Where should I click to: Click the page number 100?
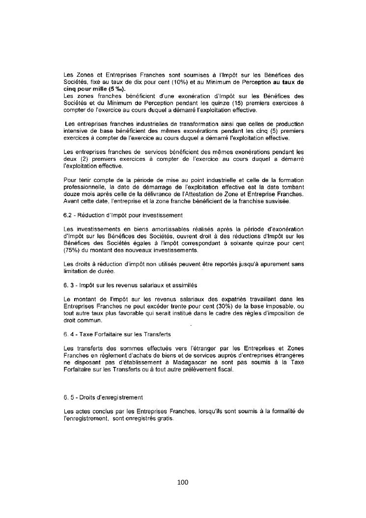183,482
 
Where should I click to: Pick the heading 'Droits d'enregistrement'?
104,397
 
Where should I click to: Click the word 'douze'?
72,194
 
